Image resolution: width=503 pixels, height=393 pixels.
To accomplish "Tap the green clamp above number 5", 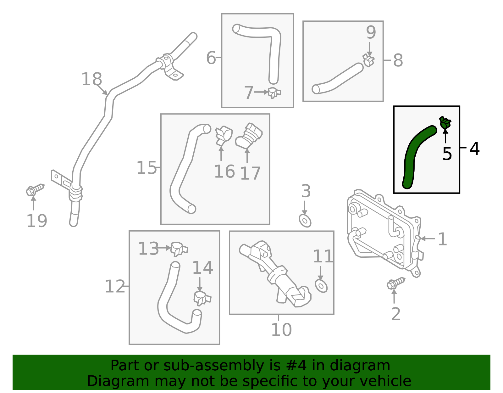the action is (445, 122).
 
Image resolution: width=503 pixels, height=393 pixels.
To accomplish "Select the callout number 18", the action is (91, 79).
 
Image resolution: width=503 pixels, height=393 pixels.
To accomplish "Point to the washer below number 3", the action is (305, 221).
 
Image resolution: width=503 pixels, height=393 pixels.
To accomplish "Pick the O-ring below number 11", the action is (321, 286).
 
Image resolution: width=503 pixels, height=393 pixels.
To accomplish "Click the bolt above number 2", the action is (395, 283).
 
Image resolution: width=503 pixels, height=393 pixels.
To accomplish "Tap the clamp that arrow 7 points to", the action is (274, 93).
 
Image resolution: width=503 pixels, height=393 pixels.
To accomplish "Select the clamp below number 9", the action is (368, 60).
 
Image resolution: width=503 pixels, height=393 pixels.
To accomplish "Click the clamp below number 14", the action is (202, 298).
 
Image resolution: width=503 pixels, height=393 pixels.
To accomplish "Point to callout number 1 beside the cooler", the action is (442, 239).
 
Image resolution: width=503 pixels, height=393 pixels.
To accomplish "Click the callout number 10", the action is (281, 329).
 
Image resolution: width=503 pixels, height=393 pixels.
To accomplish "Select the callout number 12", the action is (115, 287).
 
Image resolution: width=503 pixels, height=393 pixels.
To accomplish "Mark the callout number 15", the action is (146, 168).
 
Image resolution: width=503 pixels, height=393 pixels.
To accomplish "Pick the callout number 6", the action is (211, 58).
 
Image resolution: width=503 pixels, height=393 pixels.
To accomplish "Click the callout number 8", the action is (398, 60).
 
